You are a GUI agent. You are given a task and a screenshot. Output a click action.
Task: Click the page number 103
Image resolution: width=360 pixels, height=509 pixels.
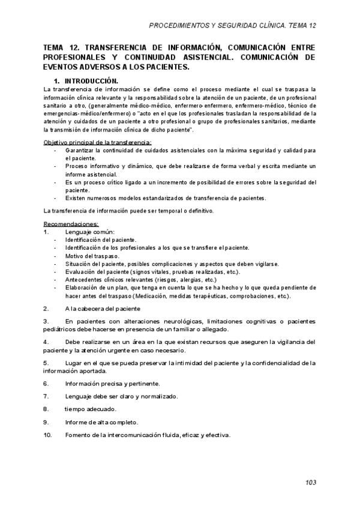click(x=310, y=482)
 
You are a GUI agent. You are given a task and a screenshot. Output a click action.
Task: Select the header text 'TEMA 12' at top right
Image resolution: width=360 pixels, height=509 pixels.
click(x=302, y=26)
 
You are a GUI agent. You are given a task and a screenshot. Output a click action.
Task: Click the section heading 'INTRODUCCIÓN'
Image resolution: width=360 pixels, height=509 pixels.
click(x=92, y=80)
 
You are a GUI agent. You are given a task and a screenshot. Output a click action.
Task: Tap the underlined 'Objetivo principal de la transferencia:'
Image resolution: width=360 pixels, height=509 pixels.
click(x=98, y=142)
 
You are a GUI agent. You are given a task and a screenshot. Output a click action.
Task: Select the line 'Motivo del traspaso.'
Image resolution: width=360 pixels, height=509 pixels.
click(x=92, y=256)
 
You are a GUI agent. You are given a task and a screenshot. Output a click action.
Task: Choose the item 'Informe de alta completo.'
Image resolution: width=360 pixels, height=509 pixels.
click(x=102, y=422)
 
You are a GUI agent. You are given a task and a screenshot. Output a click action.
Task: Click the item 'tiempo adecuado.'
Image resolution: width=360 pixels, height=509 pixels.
click(x=91, y=409)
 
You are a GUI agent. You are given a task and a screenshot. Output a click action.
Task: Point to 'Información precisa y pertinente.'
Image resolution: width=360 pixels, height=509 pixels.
click(x=113, y=383)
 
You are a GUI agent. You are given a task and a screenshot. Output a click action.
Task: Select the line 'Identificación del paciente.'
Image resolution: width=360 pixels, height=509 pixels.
click(x=101, y=239)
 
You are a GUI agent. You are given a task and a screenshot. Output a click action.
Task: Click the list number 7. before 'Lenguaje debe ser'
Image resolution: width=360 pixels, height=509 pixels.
click(x=46, y=396)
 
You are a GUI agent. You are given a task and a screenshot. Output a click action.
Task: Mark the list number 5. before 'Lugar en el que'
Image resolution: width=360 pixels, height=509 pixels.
click(x=46, y=363)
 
